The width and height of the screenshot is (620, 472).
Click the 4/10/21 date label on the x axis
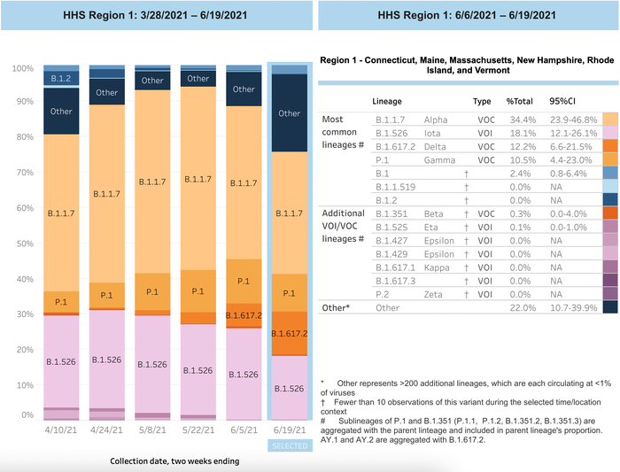[61, 429]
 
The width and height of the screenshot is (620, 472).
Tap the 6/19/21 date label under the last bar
[289, 429]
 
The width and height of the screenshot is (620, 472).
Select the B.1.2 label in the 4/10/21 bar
[61, 78]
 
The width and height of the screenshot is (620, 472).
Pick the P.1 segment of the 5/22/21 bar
[198, 290]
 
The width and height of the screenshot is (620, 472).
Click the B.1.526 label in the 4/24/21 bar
[106, 360]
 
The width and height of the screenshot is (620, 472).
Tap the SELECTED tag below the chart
[289, 445]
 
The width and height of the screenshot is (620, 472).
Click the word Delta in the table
[435, 146]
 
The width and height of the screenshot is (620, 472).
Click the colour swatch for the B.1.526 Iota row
[610, 132]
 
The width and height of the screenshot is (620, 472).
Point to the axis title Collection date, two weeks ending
[174, 461]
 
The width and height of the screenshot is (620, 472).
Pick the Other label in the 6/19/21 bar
[289, 113]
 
